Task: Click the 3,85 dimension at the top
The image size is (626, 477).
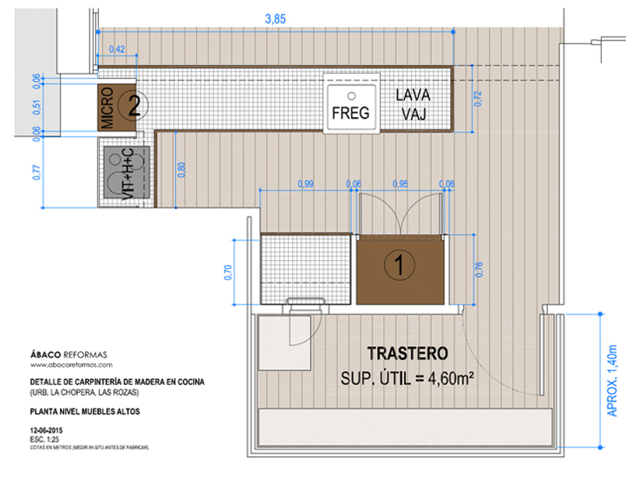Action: [275, 19]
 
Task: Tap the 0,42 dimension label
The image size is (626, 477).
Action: [117, 49]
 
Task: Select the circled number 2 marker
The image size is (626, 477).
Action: [134, 105]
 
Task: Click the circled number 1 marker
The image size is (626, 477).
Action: [399, 264]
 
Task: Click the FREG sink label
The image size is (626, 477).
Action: [351, 113]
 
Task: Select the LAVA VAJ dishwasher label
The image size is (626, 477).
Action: [413, 104]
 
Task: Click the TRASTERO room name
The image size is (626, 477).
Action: [407, 354]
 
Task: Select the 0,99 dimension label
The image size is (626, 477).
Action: [305, 184]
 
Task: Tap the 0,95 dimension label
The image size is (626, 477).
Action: [399, 184]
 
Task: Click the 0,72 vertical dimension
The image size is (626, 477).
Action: [477, 99]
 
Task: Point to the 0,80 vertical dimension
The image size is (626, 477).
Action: [182, 170]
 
